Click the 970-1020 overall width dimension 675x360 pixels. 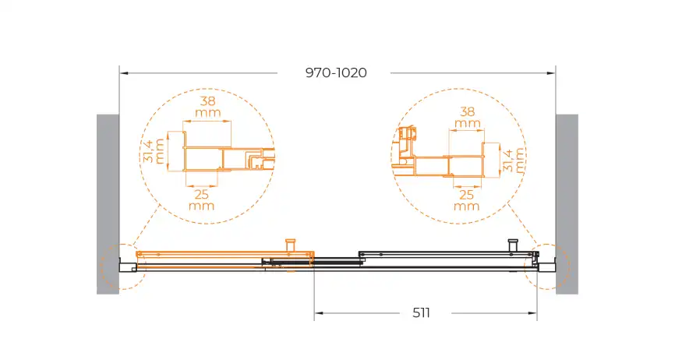click(x=336, y=72)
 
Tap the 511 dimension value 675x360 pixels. click(x=421, y=312)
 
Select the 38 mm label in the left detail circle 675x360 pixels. click(x=208, y=107)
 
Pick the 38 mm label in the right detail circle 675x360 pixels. click(x=468, y=118)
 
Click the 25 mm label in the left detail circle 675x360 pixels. click(x=201, y=199)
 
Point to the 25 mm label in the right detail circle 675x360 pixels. click(x=467, y=200)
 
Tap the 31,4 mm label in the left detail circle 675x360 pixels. click(x=154, y=150)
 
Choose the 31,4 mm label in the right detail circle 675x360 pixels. click(x=514, y=160)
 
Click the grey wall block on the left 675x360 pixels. click(x=108, y=204)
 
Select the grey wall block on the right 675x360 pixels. click(x=567, y=204)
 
